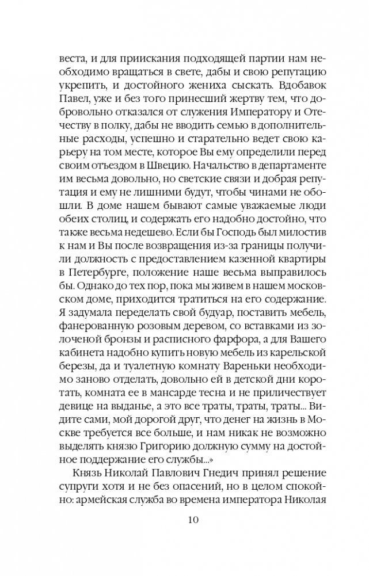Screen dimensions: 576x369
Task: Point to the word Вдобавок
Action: click(290, 89)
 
